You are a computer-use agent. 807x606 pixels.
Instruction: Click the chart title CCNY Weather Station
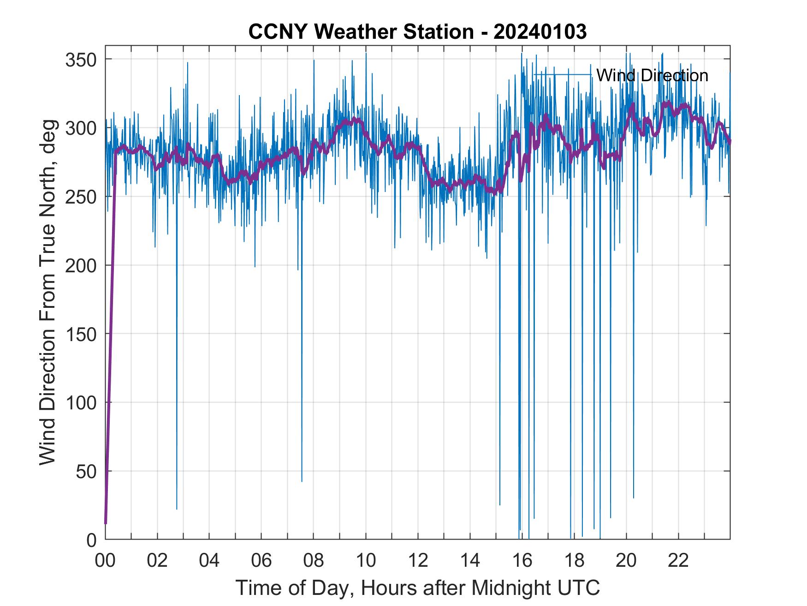coord(417,32)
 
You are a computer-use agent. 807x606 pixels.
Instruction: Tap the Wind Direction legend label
coord(652,75)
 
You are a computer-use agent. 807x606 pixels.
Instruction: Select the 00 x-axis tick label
coord(105,561)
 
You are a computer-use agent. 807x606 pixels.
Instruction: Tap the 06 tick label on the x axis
coord(261,561)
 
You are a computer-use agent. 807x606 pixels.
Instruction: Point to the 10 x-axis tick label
coord(366,561)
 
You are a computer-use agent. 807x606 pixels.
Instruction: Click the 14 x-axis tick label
coord(470,561)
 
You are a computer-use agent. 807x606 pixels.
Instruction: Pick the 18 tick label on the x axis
coord(574,561)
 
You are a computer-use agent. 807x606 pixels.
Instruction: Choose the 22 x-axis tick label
coord(678,561)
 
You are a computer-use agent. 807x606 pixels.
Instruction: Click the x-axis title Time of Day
coord(417,588)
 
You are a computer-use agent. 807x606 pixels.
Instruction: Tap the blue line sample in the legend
coord(562,75)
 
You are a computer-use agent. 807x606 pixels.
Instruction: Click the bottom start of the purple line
coord(106,522)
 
